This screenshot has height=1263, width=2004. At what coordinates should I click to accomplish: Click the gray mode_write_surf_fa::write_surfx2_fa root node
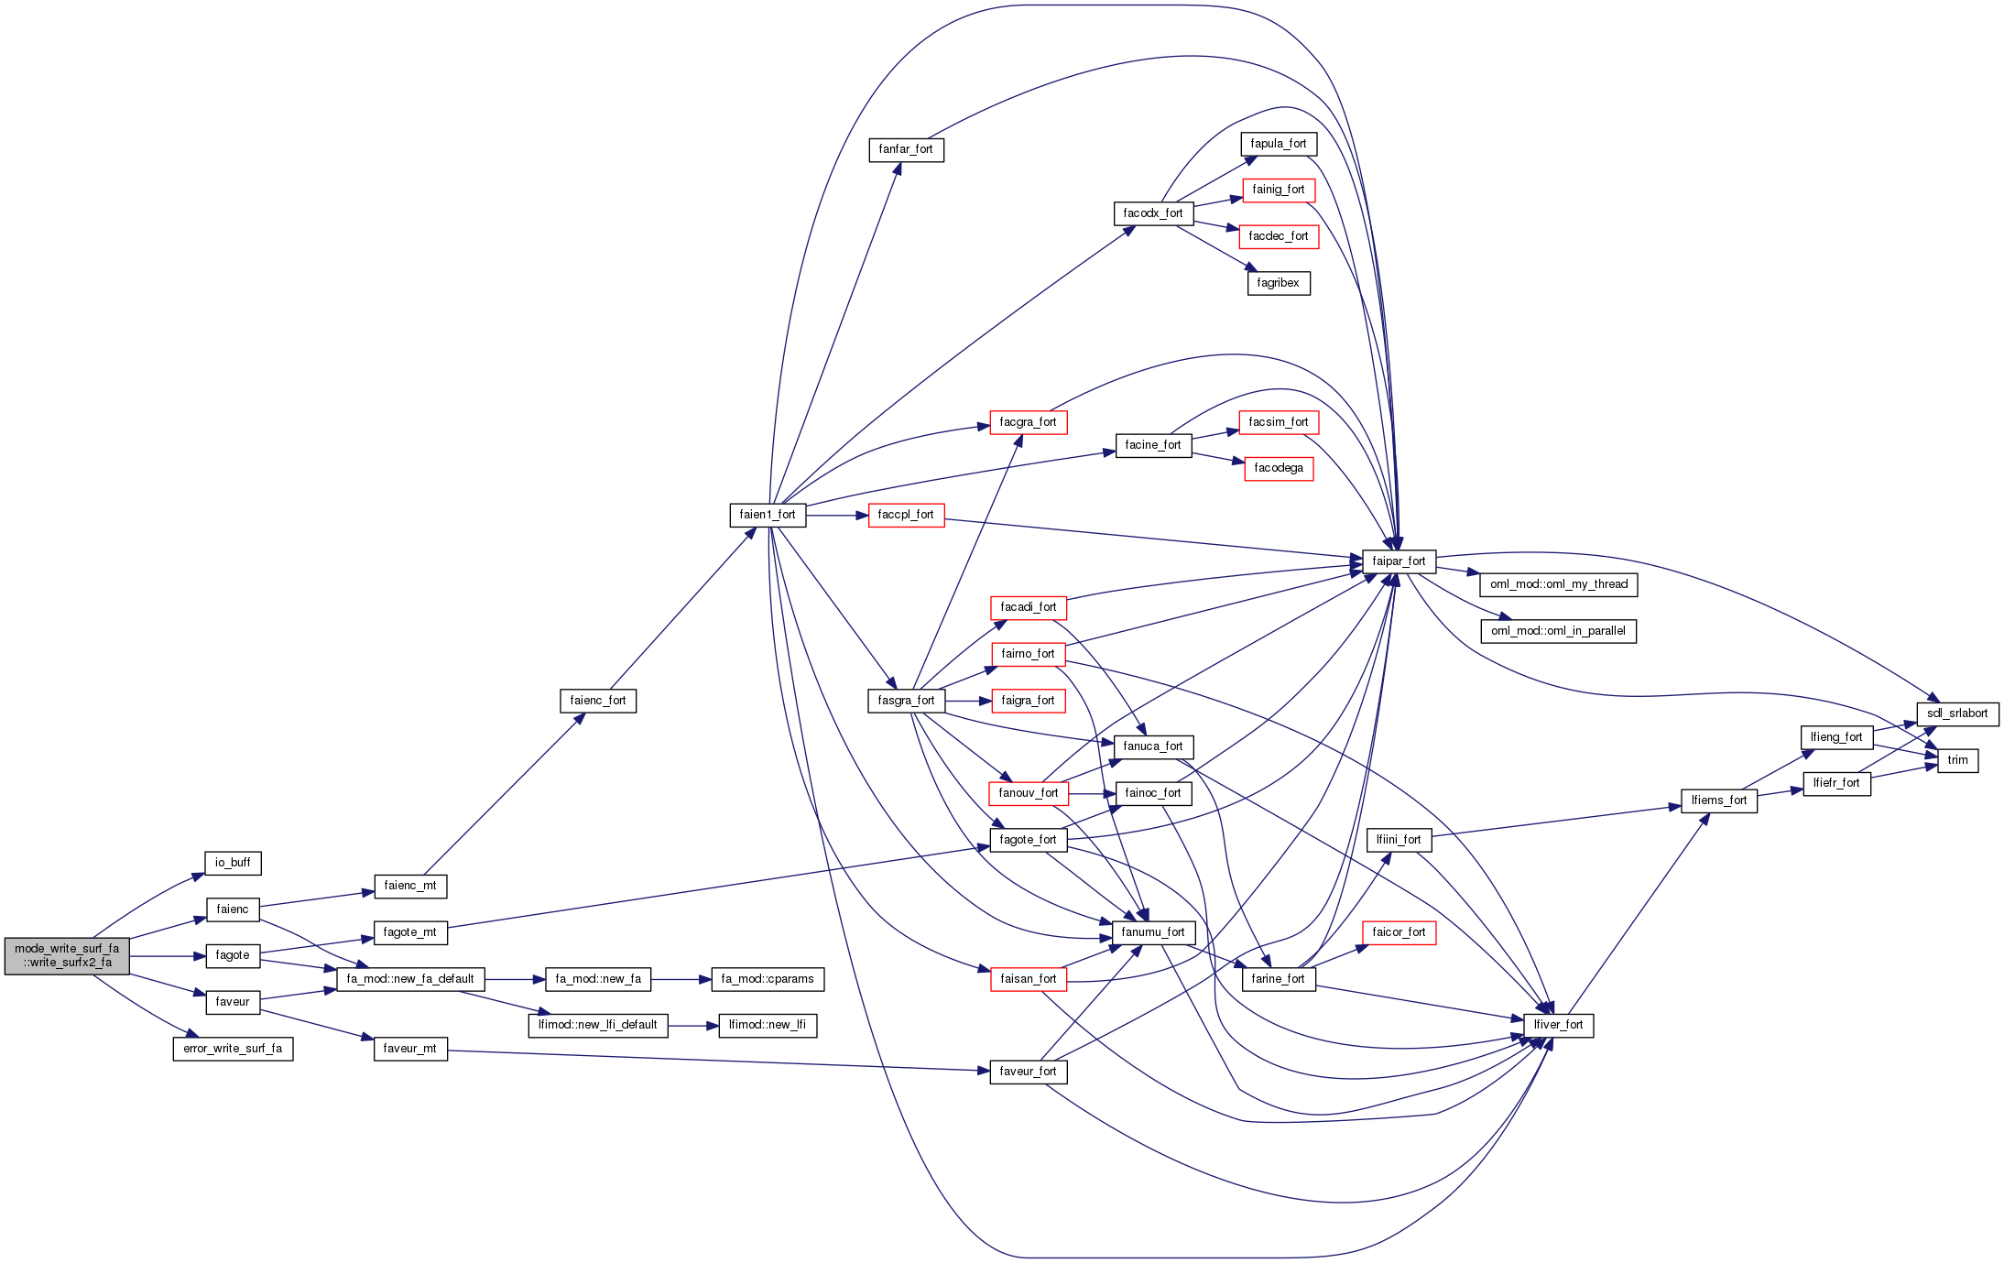(67, 955)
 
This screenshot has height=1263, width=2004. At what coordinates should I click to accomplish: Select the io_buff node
(233, 863)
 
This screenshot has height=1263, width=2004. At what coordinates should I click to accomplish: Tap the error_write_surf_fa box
(233, 1049)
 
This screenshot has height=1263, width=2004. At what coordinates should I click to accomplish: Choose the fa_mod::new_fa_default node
(410, 979)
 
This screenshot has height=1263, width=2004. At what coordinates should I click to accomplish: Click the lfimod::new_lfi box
(767, 1025)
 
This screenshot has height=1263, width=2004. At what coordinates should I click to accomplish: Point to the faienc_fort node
(597, 701)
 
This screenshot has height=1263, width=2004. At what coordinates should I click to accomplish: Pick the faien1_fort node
(768, 515)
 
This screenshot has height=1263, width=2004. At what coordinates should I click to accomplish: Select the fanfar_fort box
(906, 149)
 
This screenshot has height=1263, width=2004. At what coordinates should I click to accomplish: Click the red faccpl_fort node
(906, 515)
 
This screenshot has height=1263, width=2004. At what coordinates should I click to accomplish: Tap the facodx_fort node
(1153, 213)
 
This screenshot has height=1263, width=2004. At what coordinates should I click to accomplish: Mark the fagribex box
(1278, 283)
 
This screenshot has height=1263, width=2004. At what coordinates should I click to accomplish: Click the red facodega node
(1279, 468)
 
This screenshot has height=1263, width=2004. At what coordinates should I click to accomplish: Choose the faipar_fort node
(1399, 561)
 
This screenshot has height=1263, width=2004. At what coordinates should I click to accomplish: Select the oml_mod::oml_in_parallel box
(1558, 631)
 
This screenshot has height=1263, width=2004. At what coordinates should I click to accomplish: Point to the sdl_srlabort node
(1957, 713)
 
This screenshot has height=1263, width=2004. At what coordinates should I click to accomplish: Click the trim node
(1957, 760)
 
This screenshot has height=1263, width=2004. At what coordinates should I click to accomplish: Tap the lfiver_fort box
(1558, 1025)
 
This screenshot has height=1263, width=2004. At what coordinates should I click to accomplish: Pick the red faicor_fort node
(1399, 932)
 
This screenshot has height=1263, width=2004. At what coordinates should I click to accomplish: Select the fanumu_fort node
(1153, 932)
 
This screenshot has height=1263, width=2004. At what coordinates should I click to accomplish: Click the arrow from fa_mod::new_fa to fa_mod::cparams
(681, 979)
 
